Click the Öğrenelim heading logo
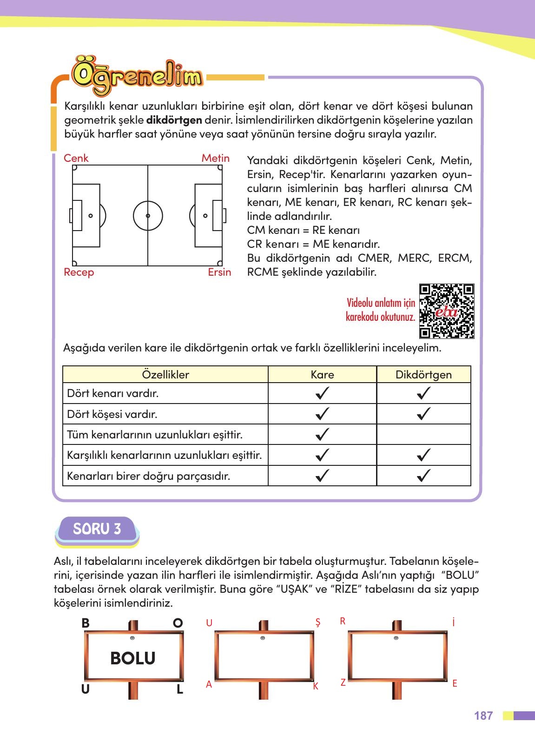click(x=138, y=76)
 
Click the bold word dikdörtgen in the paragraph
click(x=174, y=120)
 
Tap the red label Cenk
click(x=76, y=158)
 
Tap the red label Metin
click(x=215, y=158)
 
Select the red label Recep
click(x=79, y=272)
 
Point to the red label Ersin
click(x=219, y=272)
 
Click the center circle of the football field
click(x=148, y=216)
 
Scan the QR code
click(x=447, y=311)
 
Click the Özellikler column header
click(x=165, y=375)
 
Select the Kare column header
click(x=322, y=375)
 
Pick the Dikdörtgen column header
click(x=423, y=375)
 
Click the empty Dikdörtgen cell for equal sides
click(x=423, y=435)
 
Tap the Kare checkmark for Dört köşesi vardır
click(x=322, y=414)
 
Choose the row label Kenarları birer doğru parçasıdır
click(x=149, y=476)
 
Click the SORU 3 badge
click(x=97, y=529)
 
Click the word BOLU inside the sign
click(x=132, y=658)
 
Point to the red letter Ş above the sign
click(x=318, y=623)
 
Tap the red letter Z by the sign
click(x=343, y=682)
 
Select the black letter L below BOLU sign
click(x=179, y=689)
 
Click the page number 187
click(x=483, y=715)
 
